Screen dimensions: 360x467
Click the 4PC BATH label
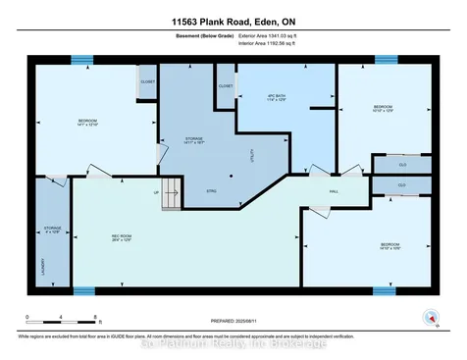point(282,97)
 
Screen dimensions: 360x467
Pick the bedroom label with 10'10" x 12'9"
point(383,109)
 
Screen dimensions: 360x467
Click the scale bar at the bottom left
point(61,316)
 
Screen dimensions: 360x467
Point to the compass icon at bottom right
point(429,315)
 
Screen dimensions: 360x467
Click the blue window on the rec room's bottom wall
point(84,291)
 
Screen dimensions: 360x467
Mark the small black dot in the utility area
point(231,177)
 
